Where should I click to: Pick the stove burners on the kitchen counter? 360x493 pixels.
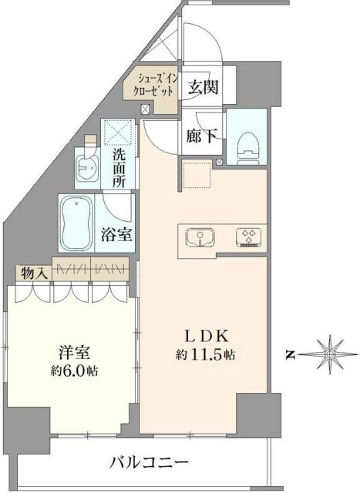pos(248,236)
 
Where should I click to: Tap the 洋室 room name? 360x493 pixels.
pos(75,353)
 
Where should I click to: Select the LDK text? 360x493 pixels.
pos(204,336)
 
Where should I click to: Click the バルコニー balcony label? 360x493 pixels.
pos(149,463)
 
